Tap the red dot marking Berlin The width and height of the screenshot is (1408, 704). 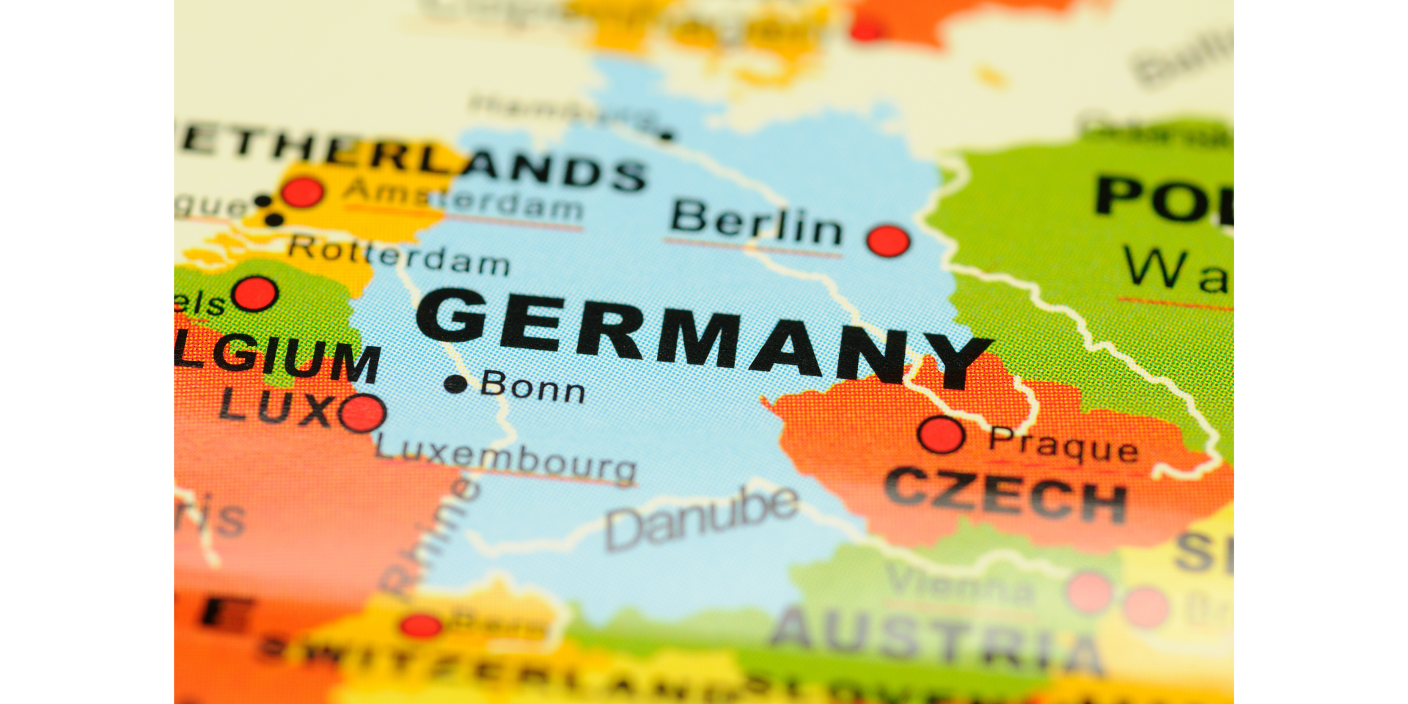coord(888,241)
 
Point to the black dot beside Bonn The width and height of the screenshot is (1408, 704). coord(455,384)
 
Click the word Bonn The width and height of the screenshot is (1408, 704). coord(533,386)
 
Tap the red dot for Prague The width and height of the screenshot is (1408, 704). coord(941,434)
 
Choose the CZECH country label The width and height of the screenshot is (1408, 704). coord(1005,495)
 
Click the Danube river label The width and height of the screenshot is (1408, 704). coord(700,518)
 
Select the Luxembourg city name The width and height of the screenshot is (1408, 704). coord(506,458)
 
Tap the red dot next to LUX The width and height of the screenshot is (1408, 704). coord(362,413)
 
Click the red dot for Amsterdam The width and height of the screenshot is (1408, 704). coord(301,192)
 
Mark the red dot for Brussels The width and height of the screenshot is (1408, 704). coord(254,293)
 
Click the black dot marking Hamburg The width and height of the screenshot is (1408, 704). coord(666,135)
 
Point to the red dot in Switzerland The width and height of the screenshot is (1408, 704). coord(421,626)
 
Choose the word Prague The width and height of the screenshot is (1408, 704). coord(1063,444)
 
